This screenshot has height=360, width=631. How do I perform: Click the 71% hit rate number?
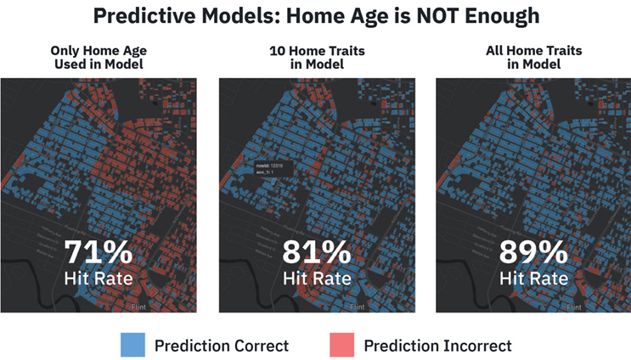click(99, 252)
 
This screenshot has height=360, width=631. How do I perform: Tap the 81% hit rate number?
click(316, 252)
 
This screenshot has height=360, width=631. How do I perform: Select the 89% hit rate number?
click(533, 252)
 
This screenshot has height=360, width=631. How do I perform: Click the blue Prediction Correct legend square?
click(132, 345)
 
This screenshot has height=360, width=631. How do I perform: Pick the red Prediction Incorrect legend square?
click(341, 345)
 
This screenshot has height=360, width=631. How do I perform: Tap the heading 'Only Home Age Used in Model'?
click(99, 58)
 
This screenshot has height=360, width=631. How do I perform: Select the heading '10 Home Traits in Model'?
click(316, 58)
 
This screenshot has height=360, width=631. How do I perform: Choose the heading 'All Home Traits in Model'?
click(533, 58)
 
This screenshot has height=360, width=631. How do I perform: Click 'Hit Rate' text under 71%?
click(99, 278)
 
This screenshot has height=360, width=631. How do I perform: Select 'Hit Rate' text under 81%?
click(316, 278)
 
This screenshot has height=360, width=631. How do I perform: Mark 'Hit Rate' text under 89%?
click(533, 278)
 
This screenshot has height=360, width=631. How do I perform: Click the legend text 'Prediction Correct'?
click(221, 346)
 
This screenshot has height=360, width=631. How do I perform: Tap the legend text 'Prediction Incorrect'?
click(437, 346)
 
